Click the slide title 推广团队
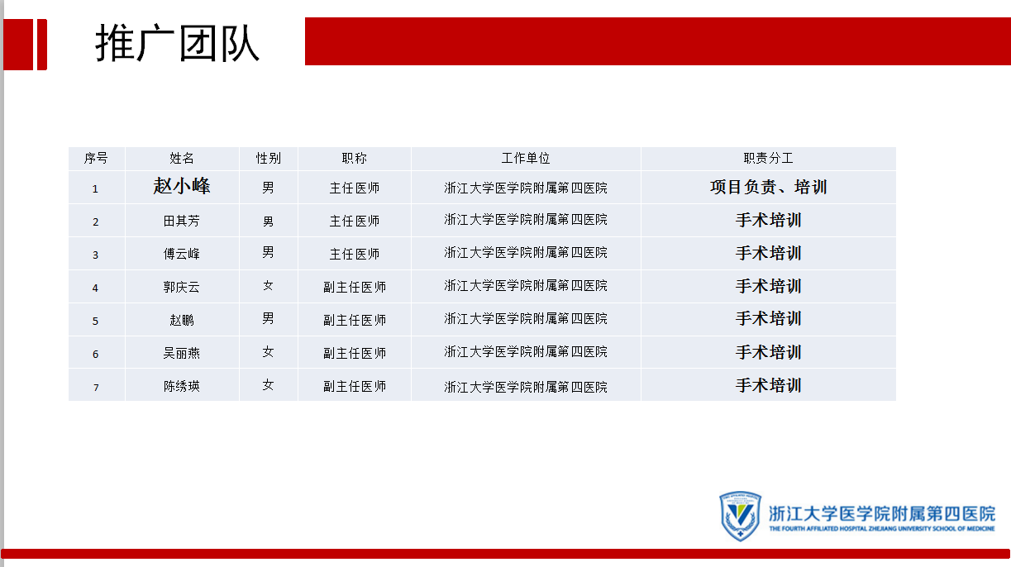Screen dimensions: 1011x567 click(177, 43)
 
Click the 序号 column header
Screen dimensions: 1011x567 click(96, 158)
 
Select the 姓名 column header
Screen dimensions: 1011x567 click(181, 158)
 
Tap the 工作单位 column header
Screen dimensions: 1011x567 click(526, 158)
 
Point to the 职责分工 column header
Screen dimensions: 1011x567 click(768, 158)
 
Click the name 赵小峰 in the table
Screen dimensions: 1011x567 click(181, 186)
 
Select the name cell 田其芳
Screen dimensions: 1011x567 click(181, 221)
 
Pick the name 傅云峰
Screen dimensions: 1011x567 click(181, 254)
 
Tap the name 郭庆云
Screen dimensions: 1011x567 click(181, 287)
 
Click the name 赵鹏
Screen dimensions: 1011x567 click(181, 320)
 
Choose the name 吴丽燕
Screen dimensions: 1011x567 click(181, 353)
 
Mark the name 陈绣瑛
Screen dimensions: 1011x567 click(181, 386)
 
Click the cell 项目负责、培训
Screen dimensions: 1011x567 click(768, 187)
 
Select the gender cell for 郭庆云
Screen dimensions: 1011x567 click(268, 286)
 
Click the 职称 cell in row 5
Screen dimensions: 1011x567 click(355, 320)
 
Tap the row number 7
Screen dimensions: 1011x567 click(96, 388)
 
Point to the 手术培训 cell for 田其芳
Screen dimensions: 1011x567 click(768, 220)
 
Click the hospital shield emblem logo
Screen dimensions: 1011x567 click(740, 516)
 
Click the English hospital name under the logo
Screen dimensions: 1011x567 click(882, 529)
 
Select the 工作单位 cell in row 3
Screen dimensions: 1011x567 click(526, 252)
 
